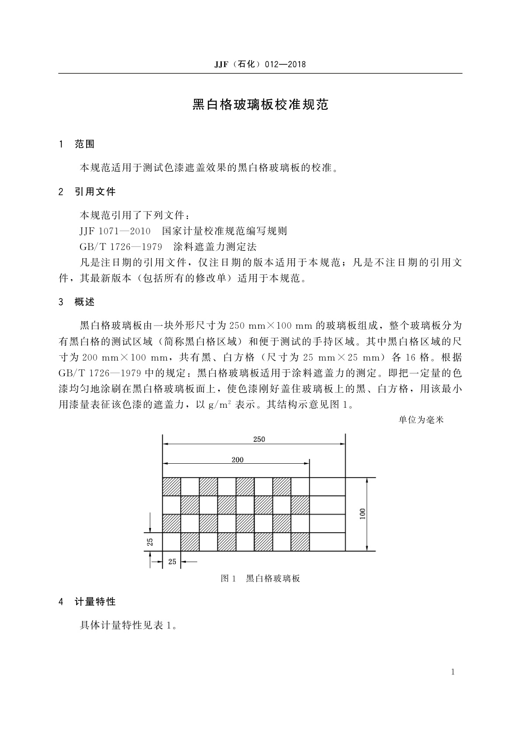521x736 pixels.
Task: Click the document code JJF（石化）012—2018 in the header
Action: (260, 65)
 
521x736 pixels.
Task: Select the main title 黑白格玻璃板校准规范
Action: (260, 105)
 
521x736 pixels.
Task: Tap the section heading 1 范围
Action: (77, 144)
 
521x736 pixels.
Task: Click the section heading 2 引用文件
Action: (87, 191)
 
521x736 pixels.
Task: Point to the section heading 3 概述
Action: (77, 302)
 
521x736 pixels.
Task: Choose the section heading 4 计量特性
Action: (87, 602)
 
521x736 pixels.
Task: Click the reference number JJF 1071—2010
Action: (115, 231)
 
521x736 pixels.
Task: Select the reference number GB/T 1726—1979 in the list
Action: (121, 247)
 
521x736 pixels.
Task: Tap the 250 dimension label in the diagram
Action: (259, 439)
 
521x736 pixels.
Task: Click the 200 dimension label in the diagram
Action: (238, 460)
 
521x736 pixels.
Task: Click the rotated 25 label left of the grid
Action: (150, 542)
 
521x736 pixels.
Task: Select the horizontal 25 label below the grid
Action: (172, 562)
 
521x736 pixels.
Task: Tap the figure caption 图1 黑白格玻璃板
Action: (260, 579)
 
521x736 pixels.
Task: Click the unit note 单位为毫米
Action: (421, 420)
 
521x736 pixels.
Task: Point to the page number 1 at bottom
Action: (453, 672)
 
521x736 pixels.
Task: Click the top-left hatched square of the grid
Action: (171, 487)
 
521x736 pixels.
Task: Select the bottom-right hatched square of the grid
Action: (300, 542)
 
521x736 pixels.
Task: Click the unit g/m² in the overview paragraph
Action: (220, 405)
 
